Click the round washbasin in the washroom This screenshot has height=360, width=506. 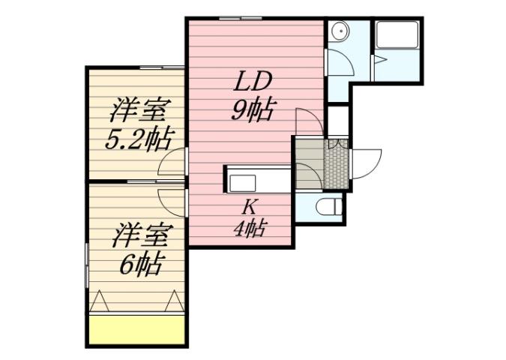tap(337, 31)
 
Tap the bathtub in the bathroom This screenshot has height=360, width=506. tap(398, 35)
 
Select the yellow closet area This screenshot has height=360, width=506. tap(137, 329)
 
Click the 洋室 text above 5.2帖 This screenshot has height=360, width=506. tap(138, 110)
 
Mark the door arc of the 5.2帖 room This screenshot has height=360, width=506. tap(172, 160)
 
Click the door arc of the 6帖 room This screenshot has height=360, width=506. tap(172, 198)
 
